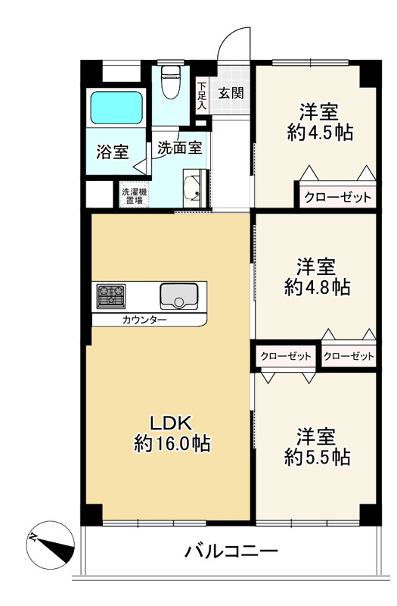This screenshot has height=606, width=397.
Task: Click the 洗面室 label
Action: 179,148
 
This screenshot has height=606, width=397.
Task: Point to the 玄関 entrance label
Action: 231,93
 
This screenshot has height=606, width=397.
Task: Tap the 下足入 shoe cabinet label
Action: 202,96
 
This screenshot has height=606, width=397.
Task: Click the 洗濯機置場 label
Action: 135,195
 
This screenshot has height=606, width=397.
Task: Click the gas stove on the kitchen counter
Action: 111,295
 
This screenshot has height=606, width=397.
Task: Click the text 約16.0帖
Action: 172,444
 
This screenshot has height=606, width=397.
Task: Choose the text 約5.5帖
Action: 317,458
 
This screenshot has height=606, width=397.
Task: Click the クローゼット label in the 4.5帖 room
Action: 337,198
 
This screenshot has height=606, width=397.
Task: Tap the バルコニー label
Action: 231,551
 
